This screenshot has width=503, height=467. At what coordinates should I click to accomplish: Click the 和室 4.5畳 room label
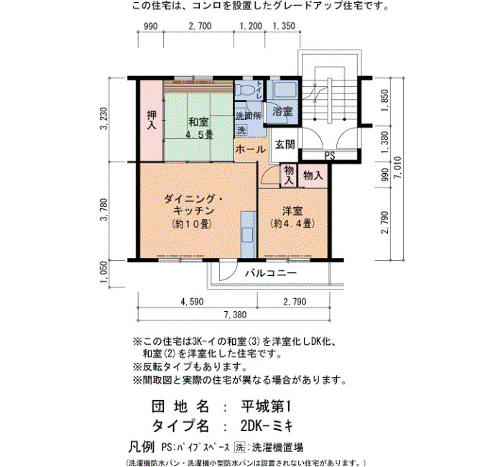(199, 129)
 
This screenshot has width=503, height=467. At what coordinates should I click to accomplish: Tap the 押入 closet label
(151, 120)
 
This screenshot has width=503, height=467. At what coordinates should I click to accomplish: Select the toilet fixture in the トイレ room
(246, 90)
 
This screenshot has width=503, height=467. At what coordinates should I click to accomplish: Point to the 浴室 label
(282, 111)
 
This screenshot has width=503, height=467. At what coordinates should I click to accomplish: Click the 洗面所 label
(249, 116)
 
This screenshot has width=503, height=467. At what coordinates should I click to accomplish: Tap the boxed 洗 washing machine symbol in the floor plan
(241, 130)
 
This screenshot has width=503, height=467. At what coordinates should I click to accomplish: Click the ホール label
(251, 149)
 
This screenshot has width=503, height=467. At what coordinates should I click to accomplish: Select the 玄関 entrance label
(285, 144)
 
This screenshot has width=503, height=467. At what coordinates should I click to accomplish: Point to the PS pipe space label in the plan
(330, 156)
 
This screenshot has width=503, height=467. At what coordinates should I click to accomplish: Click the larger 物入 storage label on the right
(313, 175)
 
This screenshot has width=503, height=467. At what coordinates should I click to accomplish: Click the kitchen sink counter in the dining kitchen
(249, 234)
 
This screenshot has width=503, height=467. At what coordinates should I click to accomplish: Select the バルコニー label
(271, 273)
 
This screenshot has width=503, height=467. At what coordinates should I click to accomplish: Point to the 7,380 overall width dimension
(235, 315)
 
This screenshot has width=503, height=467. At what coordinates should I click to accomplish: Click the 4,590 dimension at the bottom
(192, 302)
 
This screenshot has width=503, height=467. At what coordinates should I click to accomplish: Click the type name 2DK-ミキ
(267, 426)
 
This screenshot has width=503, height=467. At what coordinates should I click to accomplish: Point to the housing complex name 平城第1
(266, 407)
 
